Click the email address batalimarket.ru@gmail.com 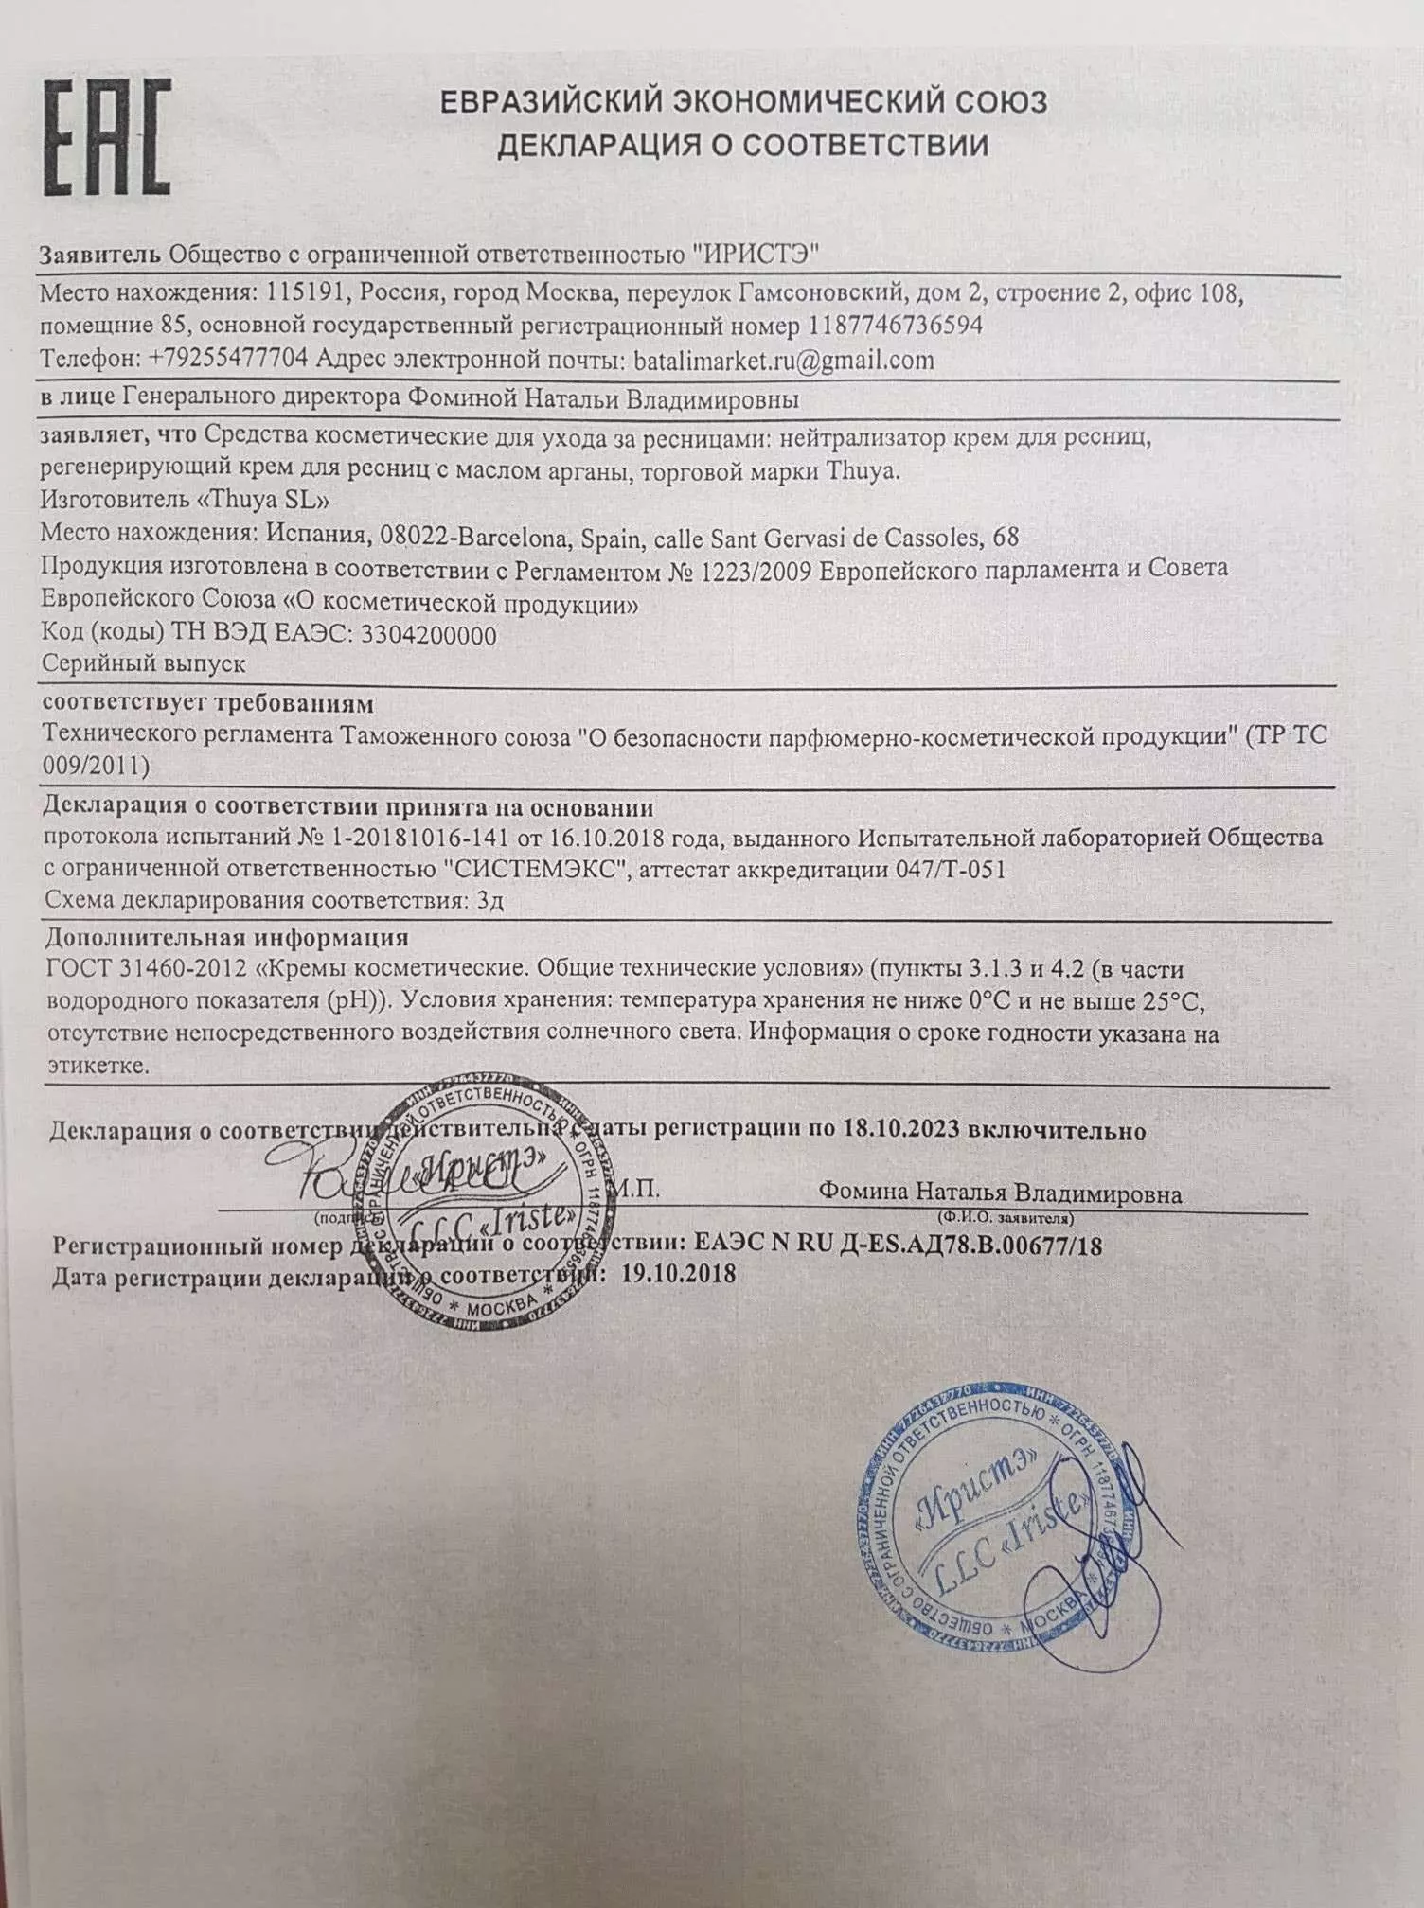point(782,360)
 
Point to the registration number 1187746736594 point(895,325)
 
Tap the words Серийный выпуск point(144,663)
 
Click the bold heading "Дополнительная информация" point(227,937)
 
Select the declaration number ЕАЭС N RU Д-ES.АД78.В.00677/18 point(898,1245)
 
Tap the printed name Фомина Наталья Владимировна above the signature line point(1001,1192)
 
